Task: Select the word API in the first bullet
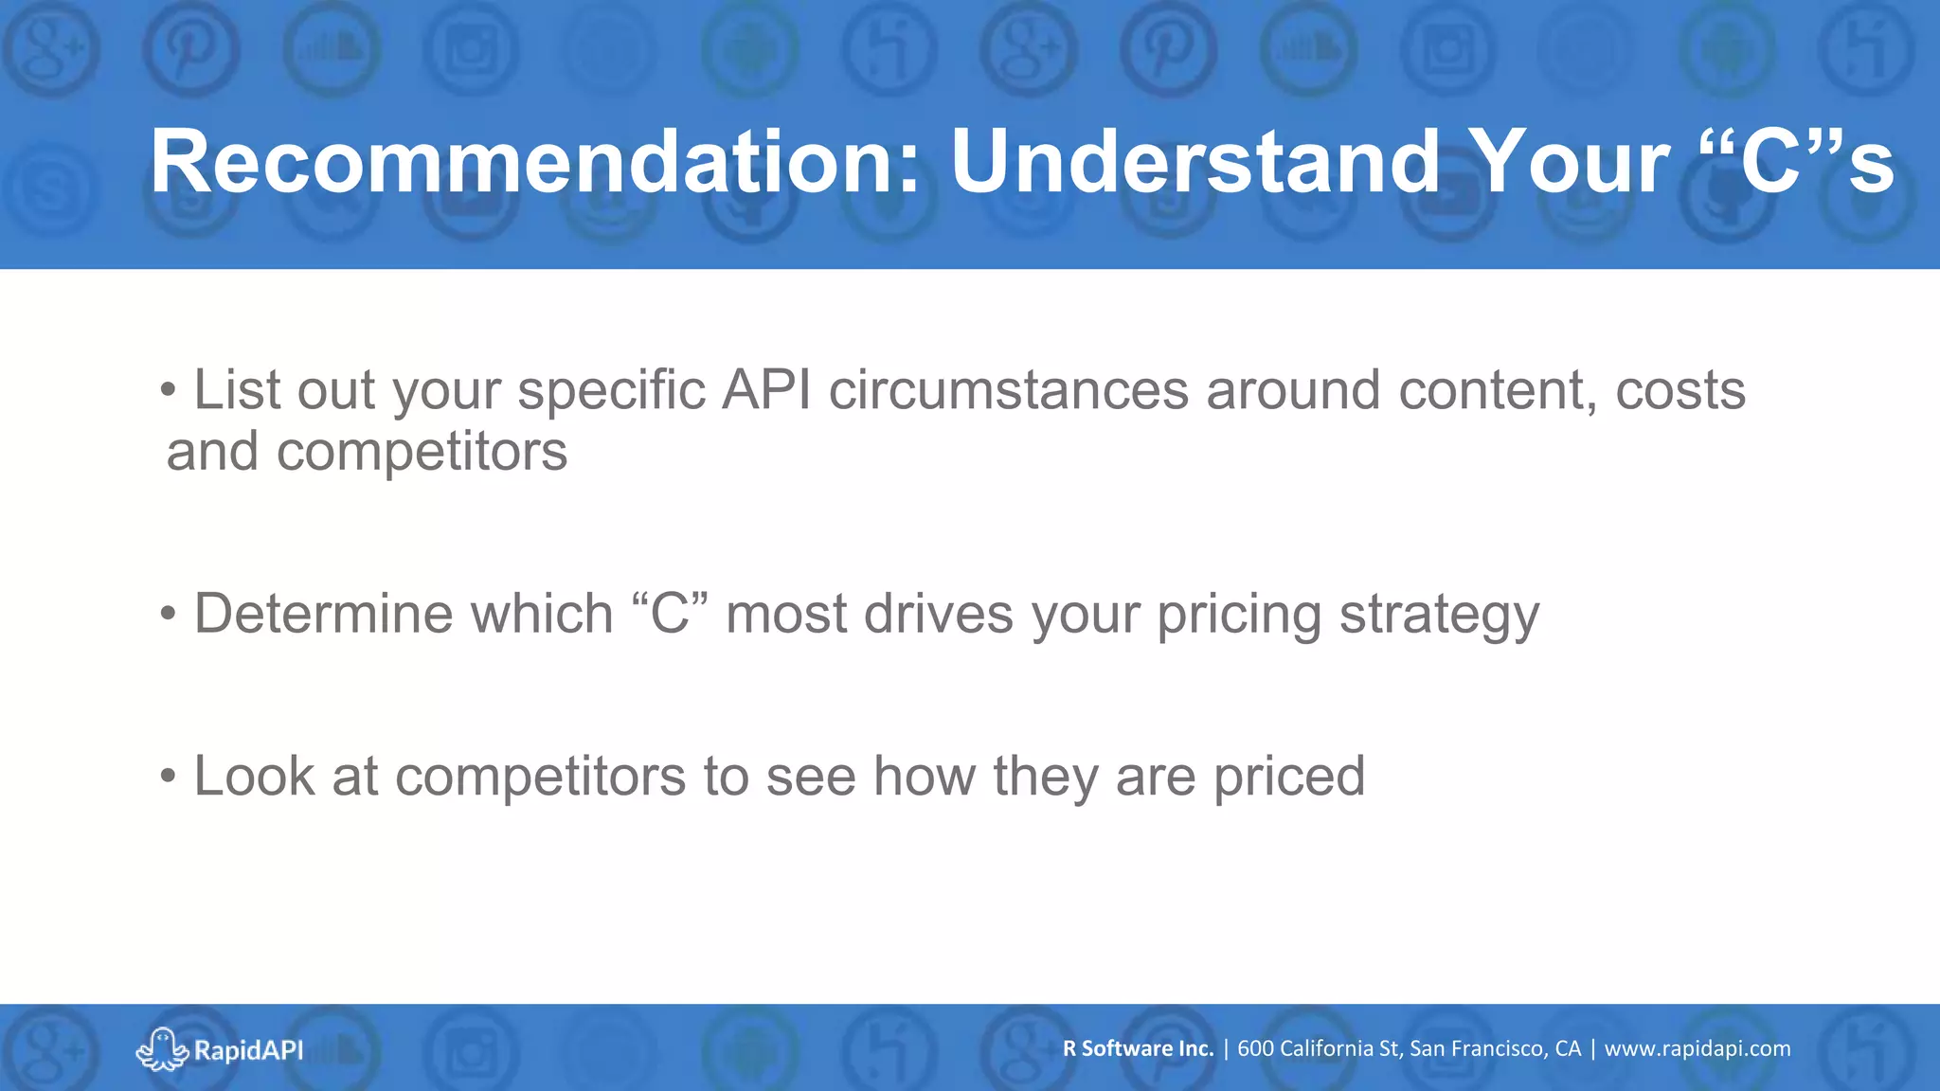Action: pos(765,390)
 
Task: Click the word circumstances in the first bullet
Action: pos(1008,390)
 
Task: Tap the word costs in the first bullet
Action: pos(1680,390)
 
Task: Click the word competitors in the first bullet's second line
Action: pos(422,452)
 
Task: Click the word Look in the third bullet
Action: pos(254,777)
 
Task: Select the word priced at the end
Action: pos(1289,778)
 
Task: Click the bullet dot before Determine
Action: pos(169,615)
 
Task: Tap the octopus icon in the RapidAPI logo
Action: pos(162,1049)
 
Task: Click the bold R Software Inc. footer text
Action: pos(1138,1048)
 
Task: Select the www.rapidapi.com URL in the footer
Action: pos(1697,1048)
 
